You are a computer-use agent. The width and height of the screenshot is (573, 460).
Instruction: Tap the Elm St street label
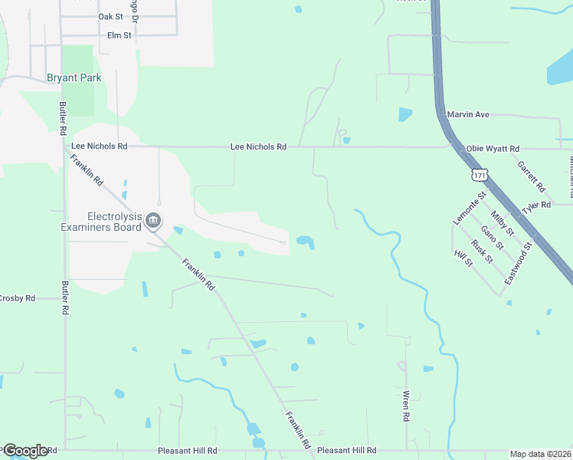[119, 35]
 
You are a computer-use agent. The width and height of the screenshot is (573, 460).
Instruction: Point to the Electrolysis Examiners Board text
[103, 222]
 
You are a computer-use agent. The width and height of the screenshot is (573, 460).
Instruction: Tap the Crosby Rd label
[17, 297]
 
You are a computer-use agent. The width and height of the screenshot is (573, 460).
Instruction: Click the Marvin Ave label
[468, 115]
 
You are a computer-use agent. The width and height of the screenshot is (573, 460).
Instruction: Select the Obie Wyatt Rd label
[493, 148]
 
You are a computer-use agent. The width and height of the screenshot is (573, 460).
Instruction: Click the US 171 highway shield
[480, 175]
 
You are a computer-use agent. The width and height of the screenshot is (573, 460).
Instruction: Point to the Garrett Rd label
[530, 176]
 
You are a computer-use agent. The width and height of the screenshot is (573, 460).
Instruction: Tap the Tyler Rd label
[536, 205]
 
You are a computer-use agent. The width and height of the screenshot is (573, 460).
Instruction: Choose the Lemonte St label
[470, 208]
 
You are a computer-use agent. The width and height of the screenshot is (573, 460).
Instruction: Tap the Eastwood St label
[518, 263]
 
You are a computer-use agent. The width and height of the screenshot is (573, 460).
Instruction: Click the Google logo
[25, 451]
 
